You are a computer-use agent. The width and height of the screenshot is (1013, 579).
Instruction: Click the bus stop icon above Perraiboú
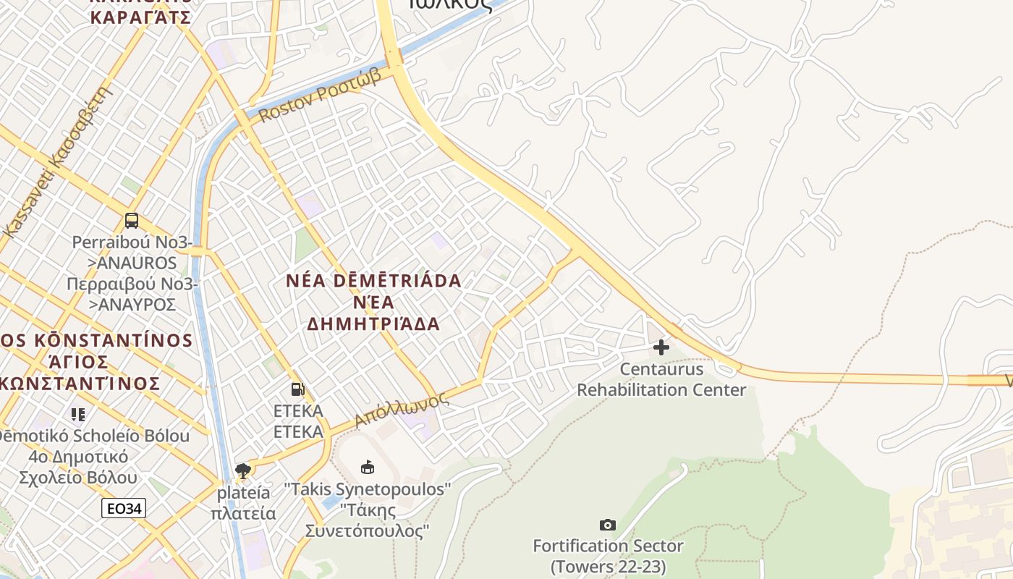coord(132,220)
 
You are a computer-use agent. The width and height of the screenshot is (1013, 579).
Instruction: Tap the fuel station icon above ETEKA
coord(297,389)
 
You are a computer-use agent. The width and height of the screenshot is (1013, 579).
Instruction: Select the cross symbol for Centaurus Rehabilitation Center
coord(661,347)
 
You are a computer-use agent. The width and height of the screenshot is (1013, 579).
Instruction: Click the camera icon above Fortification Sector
coord(608,525)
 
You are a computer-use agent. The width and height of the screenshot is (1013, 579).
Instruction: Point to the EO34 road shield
coord(124,508)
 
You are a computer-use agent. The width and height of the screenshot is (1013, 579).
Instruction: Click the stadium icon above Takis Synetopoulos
coord(368,468)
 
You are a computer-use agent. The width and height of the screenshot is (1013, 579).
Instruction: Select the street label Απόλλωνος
coord(397,411)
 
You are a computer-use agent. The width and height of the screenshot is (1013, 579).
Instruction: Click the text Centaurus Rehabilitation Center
coord(661,380)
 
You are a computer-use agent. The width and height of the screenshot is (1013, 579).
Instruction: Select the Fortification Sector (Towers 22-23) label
coord(608,556)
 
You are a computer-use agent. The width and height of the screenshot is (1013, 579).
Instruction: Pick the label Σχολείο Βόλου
coord(78,478)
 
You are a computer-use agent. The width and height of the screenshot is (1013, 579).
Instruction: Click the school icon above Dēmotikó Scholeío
coord(78,415)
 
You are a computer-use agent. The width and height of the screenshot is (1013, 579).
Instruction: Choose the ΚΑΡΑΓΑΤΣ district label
coord(140,17)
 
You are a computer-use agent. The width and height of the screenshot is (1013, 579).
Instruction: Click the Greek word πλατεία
coord(243,513)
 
